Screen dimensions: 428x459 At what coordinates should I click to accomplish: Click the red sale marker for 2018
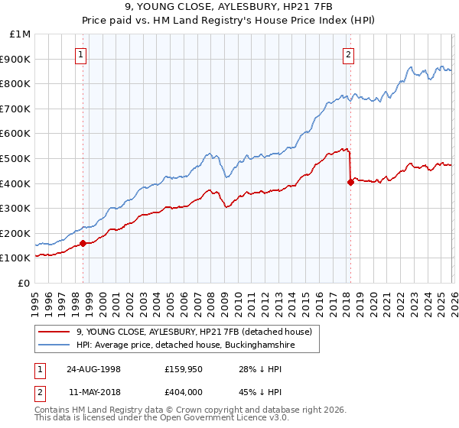click(350, 182)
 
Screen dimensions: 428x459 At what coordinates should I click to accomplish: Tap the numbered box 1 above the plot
click(81, 53)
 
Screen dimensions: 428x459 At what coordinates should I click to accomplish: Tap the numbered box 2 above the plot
click(348, 53)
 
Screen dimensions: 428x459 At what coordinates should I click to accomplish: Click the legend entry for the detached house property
click(194, 332)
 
